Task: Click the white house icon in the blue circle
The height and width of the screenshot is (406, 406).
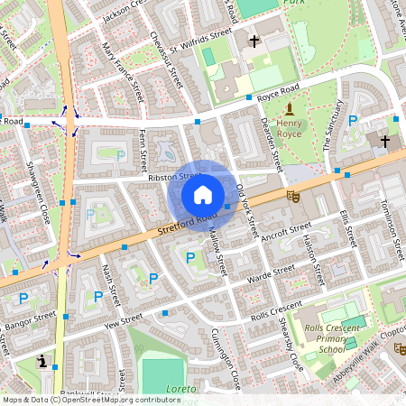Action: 203,194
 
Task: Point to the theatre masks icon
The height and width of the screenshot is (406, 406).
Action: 292,194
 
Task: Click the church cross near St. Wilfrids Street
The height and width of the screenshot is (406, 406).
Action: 254,41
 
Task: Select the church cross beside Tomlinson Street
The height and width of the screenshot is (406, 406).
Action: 385,142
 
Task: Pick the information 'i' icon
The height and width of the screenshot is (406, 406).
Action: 42,362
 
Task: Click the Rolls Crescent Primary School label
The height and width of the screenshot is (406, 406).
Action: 331,338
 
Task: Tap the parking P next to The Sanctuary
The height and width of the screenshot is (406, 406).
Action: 353,119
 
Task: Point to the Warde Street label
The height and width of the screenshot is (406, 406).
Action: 272,272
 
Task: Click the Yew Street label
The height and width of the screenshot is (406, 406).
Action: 125,321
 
